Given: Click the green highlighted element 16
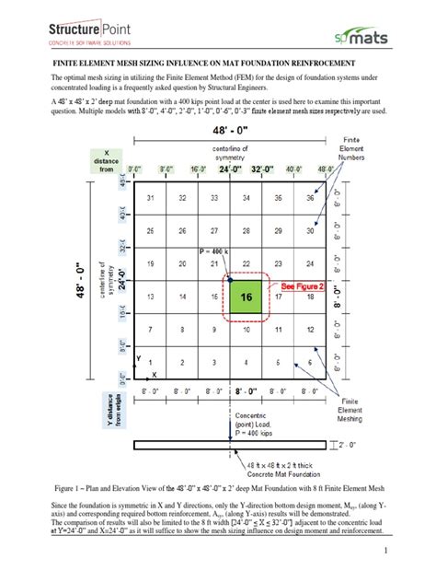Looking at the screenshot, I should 246,298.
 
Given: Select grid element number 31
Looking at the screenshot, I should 150,199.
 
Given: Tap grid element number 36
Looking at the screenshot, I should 310,199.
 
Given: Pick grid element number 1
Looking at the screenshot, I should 150,363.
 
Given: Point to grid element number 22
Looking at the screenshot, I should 246,265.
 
